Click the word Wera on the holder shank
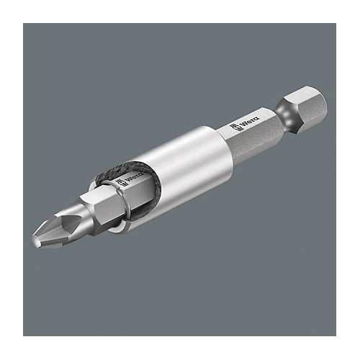click(251, 121)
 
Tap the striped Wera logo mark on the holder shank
click(235, 127)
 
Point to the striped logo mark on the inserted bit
click(120, 184)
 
